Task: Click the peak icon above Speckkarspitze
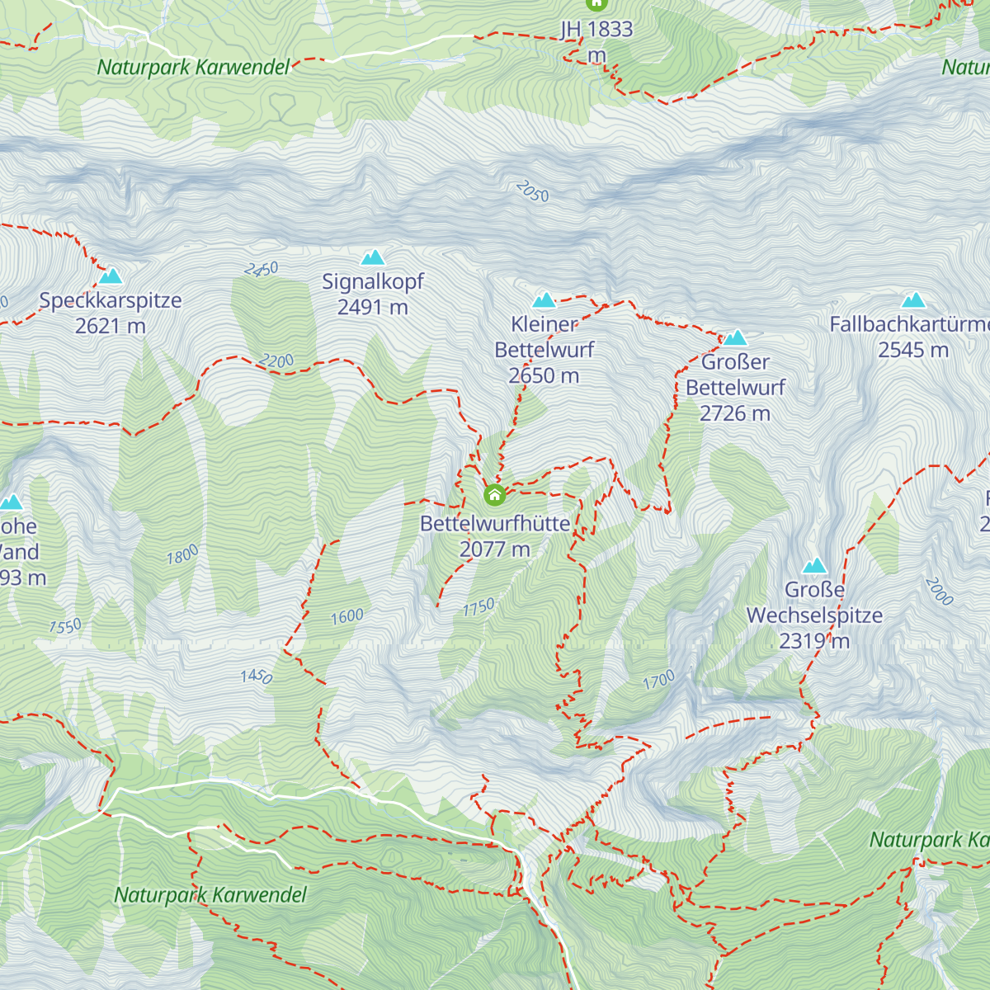[x=111, y=276]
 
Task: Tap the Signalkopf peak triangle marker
[x=373, y=257]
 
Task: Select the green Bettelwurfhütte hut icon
[x=494, y=495]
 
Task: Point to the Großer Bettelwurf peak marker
[x=735, y=337]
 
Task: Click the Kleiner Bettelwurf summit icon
[x=544, y=300]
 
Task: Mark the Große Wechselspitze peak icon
[x=815, y=566]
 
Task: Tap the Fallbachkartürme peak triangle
[x=912, y=300]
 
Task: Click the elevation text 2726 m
[x=734, y=413]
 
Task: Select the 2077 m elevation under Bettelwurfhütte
[x=494, y=549]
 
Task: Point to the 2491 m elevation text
[x=373, y=308]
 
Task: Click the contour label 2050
[x=532, y=191]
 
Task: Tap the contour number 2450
[x=262, y=269]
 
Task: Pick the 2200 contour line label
[x=276, y=361]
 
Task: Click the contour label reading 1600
[x=347, y=616]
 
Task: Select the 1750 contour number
[x=478, y=607]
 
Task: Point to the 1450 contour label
[x=257, y=676]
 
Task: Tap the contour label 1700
[x=658, y=681]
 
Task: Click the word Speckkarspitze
[x=111, y=300]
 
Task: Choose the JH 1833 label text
[x=596, y=30]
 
